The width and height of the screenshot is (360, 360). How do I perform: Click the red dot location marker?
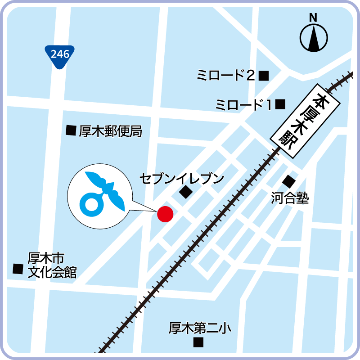[165, 214]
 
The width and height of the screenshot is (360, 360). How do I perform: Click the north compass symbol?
[314, 38]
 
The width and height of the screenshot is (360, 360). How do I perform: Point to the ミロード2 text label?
[226, 75]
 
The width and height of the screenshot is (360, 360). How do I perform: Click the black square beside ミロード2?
[264, 76]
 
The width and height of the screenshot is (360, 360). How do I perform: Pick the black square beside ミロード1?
[281, 104]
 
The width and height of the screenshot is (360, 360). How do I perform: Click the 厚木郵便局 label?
[111, 131]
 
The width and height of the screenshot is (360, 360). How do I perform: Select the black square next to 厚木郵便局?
[71, 130]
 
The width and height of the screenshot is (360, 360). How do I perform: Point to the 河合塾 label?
[290, 198]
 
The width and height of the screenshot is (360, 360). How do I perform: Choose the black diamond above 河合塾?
[288, 182]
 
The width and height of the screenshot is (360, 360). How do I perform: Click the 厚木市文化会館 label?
[52, 265]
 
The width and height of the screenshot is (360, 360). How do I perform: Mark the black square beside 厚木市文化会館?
[18, 269]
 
